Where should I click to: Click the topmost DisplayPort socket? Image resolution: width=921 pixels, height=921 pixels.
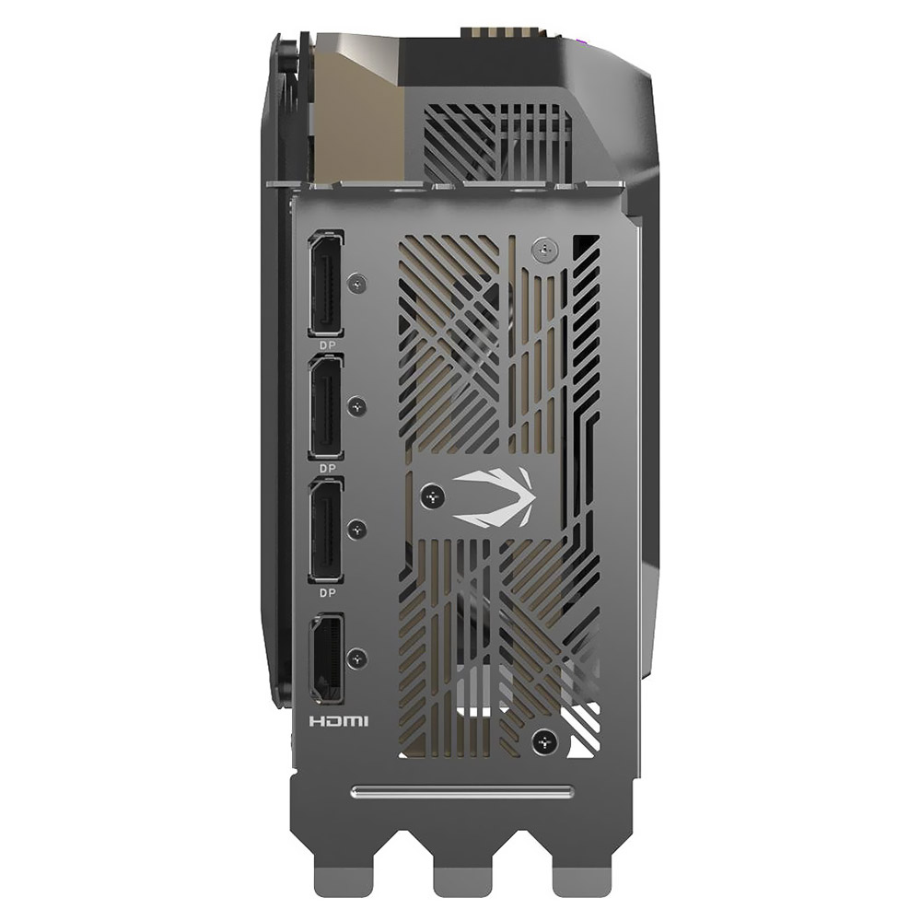326,284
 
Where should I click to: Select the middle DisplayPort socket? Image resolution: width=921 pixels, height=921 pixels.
326,408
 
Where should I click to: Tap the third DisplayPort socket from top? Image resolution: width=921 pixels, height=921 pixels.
326,531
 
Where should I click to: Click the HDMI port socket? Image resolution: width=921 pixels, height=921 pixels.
326,659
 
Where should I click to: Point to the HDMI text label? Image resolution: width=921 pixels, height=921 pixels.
339,720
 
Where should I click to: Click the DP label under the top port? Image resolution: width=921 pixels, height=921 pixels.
328,345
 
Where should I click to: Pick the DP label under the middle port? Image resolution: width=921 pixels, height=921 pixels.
328,469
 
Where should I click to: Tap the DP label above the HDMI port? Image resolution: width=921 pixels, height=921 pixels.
328,593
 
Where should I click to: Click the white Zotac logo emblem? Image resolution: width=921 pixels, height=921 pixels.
494,496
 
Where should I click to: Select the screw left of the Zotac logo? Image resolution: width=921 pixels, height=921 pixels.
433,497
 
